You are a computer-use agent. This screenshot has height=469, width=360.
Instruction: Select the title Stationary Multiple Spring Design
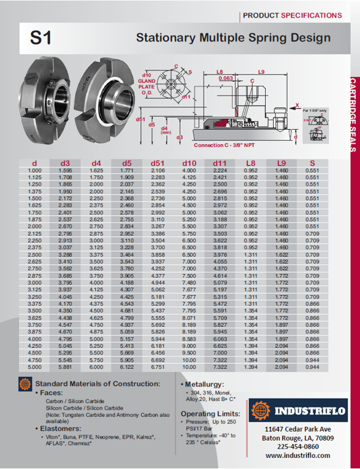(x=233, y=38)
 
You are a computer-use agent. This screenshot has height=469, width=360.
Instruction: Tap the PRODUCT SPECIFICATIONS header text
(x=291, y=14)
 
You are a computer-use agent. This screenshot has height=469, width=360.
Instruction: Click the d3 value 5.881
(x=65, y=367)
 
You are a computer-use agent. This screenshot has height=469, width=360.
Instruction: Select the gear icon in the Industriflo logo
(x=261, y=412)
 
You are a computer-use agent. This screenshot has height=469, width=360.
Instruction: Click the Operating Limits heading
(x=206, y=412)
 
